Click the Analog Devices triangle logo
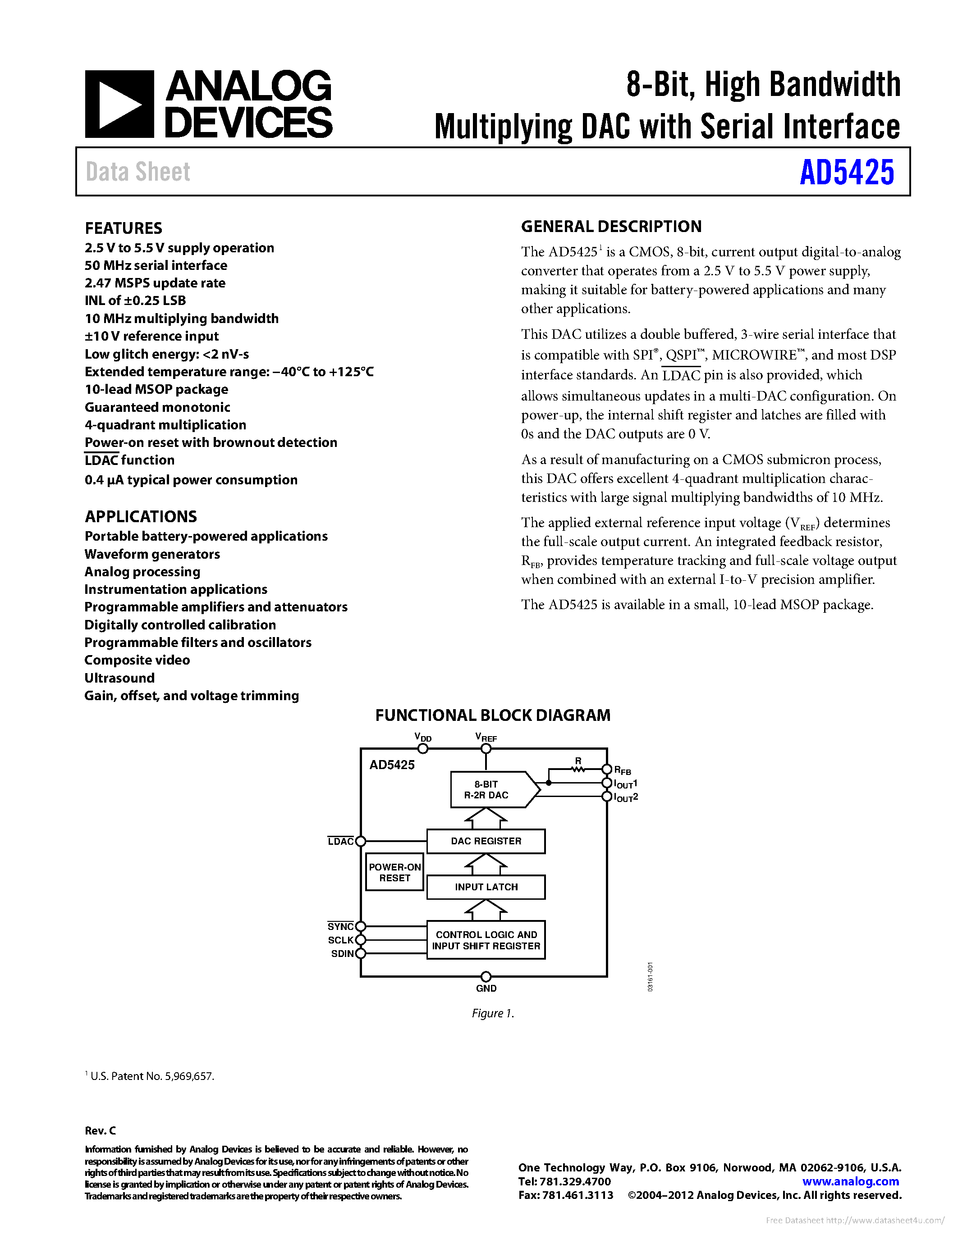click(119, 105)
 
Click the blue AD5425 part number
click(846, 173)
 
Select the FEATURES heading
click(123, 228)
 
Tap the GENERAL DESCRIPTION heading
click(611, 226)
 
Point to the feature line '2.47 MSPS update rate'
click(155, 283)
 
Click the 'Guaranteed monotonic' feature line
click(157, 407)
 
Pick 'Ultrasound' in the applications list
click(119, 678)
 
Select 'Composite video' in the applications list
click(137, 660)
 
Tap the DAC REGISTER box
click(486, 841)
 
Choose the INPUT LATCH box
click(486, 887)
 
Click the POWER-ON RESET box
click(394, 872)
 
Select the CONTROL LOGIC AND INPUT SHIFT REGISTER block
click(486, 940)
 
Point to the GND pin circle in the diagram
click(486, 976)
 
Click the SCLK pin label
click(340, 940)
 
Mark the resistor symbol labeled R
click(578, 769)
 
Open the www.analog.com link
click(850, 1181)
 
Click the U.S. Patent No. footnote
click(151, 1076)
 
